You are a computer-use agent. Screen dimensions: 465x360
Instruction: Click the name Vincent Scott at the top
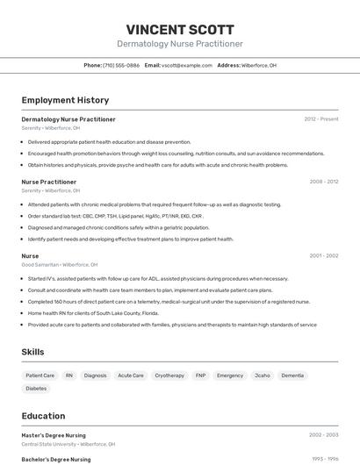coord(180,29)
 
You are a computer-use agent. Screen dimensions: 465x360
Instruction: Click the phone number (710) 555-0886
coord(121,65)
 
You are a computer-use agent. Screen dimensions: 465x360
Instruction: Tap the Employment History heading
coord(65,100)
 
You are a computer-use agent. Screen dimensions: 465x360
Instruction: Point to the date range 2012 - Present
coord(321,118)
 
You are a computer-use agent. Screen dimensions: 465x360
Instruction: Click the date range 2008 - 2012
coord(323,182)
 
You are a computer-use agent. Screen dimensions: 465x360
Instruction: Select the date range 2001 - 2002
coord(323,255)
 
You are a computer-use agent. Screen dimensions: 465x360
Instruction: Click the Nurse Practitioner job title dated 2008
coord(49,182)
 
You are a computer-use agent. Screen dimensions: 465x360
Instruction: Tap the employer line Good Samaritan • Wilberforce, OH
coord(60,264)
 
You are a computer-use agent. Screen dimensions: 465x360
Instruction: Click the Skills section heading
coord(33,351)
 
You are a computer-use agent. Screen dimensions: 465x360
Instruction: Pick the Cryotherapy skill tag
coord(169,375)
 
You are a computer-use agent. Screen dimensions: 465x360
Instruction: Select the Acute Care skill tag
coord(131,375)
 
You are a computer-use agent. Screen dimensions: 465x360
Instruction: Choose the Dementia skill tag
coord(292,375)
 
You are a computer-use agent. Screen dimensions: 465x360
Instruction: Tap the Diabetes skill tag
coord(37,388)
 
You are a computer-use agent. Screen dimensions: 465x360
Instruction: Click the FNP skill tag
coord(200,375)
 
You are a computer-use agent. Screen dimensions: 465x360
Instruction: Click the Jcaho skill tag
coord(262,375)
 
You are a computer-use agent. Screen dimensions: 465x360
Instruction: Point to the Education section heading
coord(43,416)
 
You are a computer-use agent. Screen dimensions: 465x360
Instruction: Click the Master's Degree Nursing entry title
coord(54,434)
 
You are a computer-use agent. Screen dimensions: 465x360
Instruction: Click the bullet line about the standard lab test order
coord(116,215)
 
